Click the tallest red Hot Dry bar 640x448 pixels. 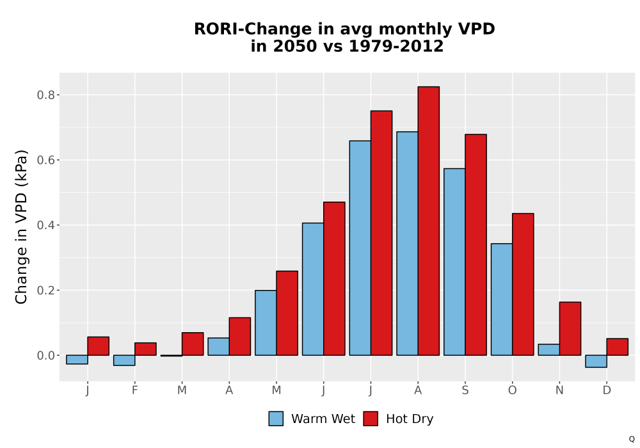pyautogui.click(x=429, y=221)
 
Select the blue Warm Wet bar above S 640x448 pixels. pyautogui.click(x=454, y=262)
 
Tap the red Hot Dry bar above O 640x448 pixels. pyautogui.click(x=523, y=284)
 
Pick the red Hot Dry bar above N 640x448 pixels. pyautogui.click(x=570, y=328)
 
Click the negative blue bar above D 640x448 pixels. pyautogui.click(x=596, y=361)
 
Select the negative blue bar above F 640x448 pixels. pyautogui.click(x=124, y=360)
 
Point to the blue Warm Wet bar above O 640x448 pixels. pyautogui.click(x=502, y=300)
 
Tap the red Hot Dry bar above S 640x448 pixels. pyautogui.click(x=476, y=245)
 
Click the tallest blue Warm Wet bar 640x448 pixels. pyautogui.click(x=407, y=244)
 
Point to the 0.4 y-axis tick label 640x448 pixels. pyautogui.click(x=45, y=225)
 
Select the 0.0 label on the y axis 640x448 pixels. pyautogui.click(x=45, y=356)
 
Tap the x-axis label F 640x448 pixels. pyautogui.click(x=134, y=390)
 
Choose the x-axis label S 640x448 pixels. pyautogui.click(x=465, y=390)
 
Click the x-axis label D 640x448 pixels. pyautogui.click(x=607, y=390)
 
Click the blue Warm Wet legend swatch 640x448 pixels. pyautogui.click(x=276, y=419)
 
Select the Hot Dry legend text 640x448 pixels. pyautogui.click(x=410, y=419)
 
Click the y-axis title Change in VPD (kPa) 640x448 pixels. pyautogui.click(x=21, y=227)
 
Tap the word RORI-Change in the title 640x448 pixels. pyautogui.click(x=253, y=29)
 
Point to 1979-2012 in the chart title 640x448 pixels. pyautogui.click(x=396, y=46)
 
